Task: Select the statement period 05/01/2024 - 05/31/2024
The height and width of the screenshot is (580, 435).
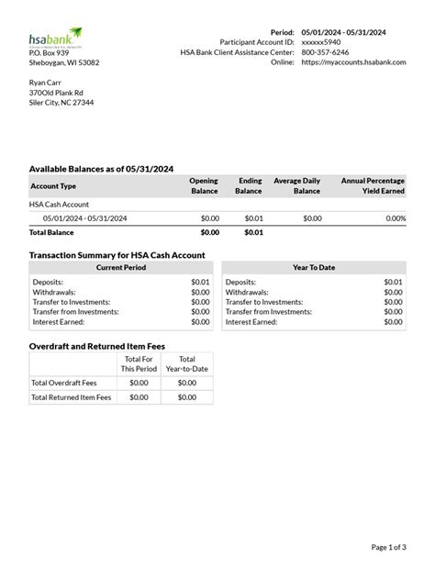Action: click(x=344, y=32)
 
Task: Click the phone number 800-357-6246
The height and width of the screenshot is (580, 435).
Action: click(x=325, y=52)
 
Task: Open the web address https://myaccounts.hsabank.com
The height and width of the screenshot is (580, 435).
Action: click(x=353, y=62)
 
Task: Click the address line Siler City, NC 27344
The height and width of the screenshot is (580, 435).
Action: click(x=61, y=103)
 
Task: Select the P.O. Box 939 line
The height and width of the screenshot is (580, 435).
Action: click(x=50, y=52)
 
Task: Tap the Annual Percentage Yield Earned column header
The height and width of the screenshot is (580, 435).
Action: click(x=373, y=185)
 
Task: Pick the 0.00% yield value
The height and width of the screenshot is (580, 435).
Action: click(x=396, y=218)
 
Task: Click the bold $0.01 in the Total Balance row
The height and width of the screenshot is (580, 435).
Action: click(x=253, y=233)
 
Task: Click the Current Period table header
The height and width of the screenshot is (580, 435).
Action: click(x=121, y=268)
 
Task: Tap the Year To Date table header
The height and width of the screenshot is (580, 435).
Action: click(x=314, y=268)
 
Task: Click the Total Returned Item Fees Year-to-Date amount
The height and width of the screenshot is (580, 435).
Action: click(x=187, y=397)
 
